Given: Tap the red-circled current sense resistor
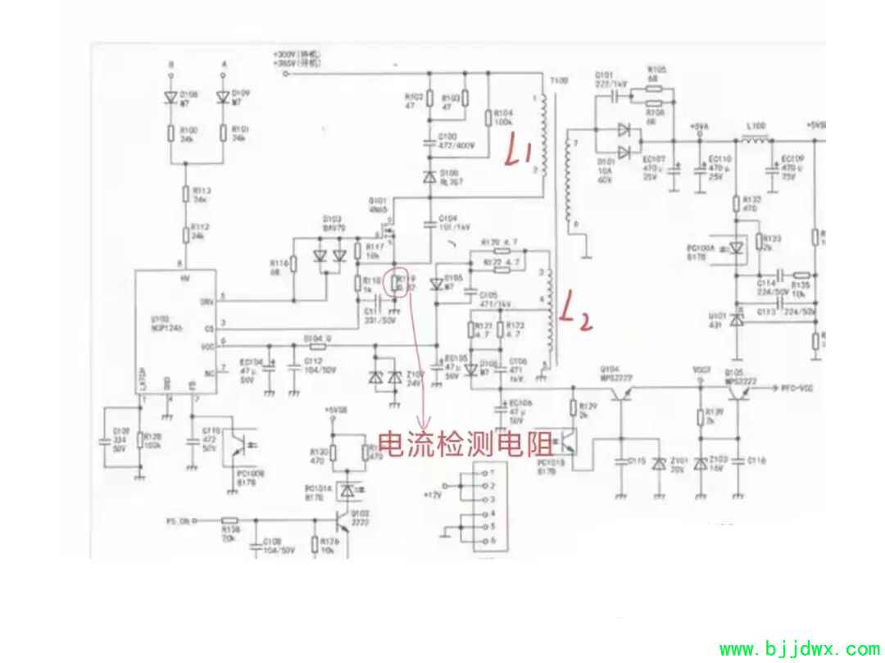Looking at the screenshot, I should click(x=399, y=283).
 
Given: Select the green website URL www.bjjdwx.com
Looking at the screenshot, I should click(x=798, y=650).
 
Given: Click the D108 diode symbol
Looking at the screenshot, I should click(x=171, y=96).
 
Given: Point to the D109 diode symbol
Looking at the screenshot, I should click(x=221, y=96).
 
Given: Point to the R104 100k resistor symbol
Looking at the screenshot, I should click(x=488, y=117).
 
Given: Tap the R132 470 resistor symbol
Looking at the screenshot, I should click(x=735, y=202).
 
